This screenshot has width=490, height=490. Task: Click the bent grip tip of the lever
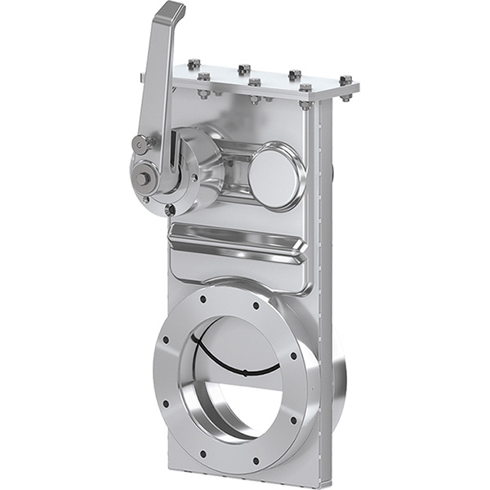(x=173, y=12)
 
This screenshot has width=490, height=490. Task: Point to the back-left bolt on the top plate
(x=194, y=64)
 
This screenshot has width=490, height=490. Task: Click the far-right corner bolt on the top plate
(x=345, y=81)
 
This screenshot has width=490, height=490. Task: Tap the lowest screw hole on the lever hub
(x=170, y=210)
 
